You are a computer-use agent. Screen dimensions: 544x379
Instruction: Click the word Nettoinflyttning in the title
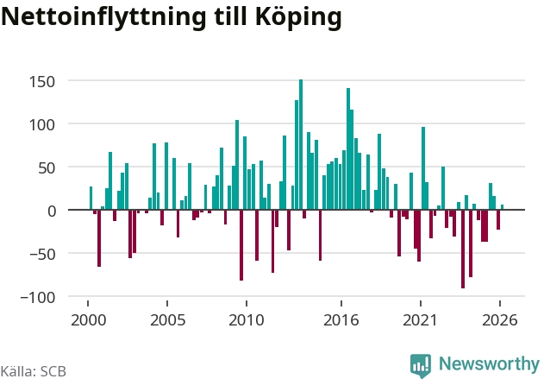click(x=104, y=17)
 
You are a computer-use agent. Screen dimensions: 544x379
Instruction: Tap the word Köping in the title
click(x=298, y=17)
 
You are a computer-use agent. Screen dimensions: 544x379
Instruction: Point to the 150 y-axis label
click(x=42, y=82)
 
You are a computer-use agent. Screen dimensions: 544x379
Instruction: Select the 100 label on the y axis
click(x=42, y=125)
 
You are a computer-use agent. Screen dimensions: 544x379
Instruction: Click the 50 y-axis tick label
click(x=47, y=168)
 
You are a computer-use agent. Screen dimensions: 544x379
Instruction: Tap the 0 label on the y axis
click(x=52, y=212)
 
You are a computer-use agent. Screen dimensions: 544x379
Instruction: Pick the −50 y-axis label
click(x=42, y=255)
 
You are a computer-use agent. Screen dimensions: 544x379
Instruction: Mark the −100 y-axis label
click(x=38, y=298)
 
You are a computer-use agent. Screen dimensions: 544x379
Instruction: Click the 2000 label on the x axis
click(x=89, y=320)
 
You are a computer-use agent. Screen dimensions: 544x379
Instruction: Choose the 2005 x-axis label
click(x=167, y=320)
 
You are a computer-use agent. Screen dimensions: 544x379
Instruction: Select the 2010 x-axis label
click(x=247, y=320)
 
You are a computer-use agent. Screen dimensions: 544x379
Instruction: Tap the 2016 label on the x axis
click(x=341, y=320)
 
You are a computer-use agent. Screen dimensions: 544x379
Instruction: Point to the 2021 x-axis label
click(x=420, y=320)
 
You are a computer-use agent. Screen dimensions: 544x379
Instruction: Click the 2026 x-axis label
click(x=499, y=320)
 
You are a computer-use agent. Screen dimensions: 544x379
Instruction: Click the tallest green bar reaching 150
click(x=301, y=144)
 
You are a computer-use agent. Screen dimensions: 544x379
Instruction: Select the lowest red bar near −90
click(x=463, y=249)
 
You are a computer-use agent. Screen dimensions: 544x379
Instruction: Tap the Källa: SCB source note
click(x=33, y=371)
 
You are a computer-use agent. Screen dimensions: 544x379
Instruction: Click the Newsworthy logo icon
click(x=421, y=365)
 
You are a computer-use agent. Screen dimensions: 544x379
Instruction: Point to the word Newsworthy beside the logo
click(x=489, y=363)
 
